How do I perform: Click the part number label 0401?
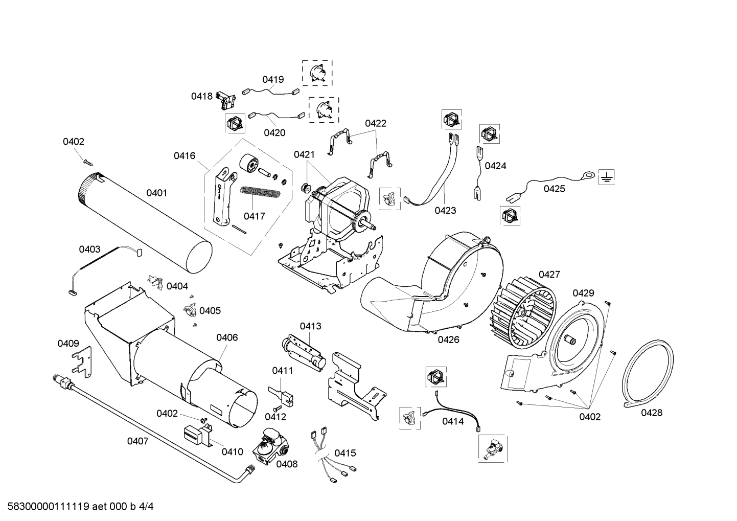pyautogui.click(x=156, y=193)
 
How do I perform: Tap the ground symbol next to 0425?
pyautogui.click(x=606, y=177)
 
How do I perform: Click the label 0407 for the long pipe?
pyautogui.click(x=137, y=441)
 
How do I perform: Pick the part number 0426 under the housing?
pyautogui.click(x=448, y=339)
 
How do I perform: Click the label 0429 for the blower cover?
pyautogui.click(x=583, y=293)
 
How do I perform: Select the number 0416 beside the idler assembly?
pyautogui.click(x=184, y=155)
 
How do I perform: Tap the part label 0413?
pyautogui.click(x=310, y=326)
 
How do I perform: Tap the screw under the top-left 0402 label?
pyautogui.click(x=87, y=162)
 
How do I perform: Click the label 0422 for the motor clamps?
pyautogui.click(x=375, y=123)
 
